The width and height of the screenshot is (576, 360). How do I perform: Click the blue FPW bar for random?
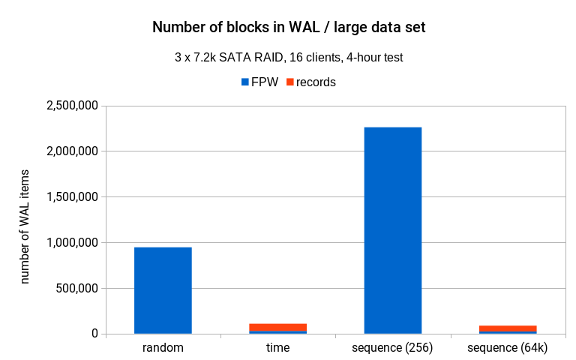[163, 290]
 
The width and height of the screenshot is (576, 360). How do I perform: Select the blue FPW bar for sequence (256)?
[392, 230]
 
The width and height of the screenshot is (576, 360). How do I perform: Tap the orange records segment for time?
[277, 327]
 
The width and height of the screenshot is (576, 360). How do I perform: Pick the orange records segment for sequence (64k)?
[508, 328]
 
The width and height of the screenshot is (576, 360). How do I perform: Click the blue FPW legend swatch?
[244, 82]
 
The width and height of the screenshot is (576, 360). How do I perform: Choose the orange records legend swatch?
[289, 82]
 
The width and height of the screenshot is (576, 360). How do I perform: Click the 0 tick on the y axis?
[95, 334]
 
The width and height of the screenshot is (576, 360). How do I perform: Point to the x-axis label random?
[163, 349]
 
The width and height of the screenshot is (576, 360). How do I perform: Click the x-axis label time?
[277, 349]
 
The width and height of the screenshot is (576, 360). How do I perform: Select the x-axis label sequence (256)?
[392, 349]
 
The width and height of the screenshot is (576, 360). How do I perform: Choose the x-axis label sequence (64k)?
[508, 349]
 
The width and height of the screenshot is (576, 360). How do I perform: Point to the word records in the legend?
[316, 82]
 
